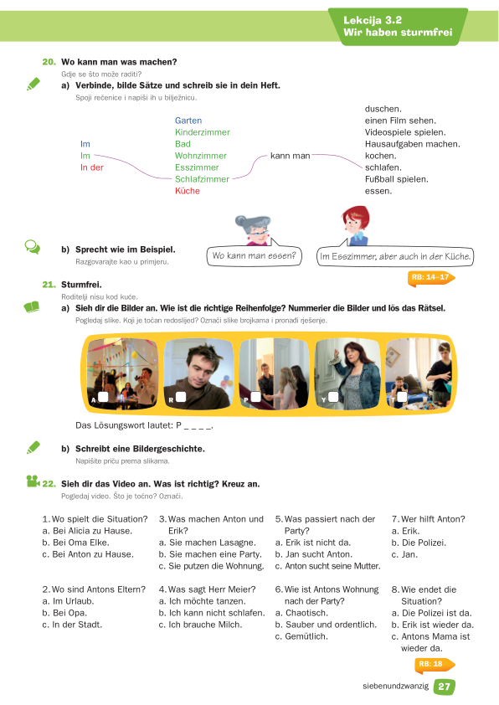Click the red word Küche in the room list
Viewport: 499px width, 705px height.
pos(187,191)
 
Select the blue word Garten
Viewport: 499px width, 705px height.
pos(188,121)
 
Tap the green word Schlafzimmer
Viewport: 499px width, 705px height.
pos(202,179)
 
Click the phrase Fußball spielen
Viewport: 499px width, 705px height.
pos(397,179)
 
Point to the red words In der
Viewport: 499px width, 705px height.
pos(92,167)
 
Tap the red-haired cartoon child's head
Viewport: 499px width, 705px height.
pos(356,220)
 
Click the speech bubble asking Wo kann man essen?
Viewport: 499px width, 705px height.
pos(254,256)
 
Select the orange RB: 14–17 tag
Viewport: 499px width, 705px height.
pos(431,277)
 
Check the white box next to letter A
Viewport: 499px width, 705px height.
pos(103,397)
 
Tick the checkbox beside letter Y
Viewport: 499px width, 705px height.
pos(333,397)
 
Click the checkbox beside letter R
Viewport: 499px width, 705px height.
pos(181,397)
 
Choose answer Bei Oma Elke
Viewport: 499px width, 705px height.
pos(75,543)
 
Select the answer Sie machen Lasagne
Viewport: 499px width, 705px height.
pos(208,543)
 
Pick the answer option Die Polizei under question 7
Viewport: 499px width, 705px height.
pos(419,543)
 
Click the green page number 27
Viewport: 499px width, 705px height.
pos(444,687)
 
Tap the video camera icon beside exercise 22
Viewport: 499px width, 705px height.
pos(33,481)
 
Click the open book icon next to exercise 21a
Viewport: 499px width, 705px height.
pos(32,307)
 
